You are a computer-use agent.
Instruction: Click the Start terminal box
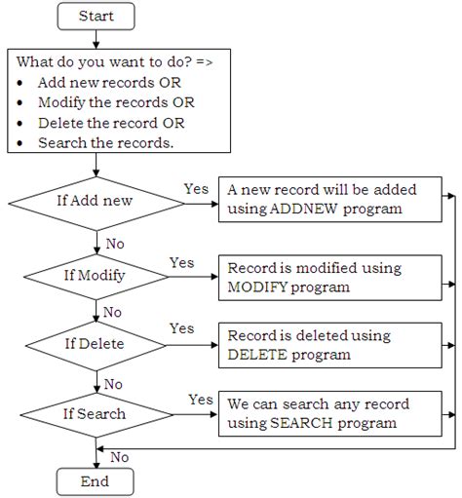point(96,17)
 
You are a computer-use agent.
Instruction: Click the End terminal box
point(95,481)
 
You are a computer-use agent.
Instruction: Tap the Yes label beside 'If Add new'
point(197,187)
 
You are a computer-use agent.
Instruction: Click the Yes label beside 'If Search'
point(200,399)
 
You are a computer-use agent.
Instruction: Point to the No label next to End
point(120,456)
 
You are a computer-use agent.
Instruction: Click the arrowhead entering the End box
point(95,466)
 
